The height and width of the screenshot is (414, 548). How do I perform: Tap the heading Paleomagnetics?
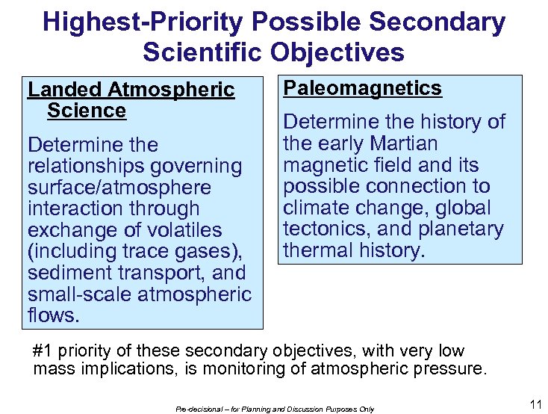coord(363,88)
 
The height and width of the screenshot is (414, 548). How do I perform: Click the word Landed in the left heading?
coord(65,90)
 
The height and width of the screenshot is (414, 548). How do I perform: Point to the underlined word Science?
coord(87,111)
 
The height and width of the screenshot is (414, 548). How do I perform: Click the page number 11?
coord(535,405)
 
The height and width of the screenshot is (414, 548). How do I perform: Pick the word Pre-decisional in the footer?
coord(201,409)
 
